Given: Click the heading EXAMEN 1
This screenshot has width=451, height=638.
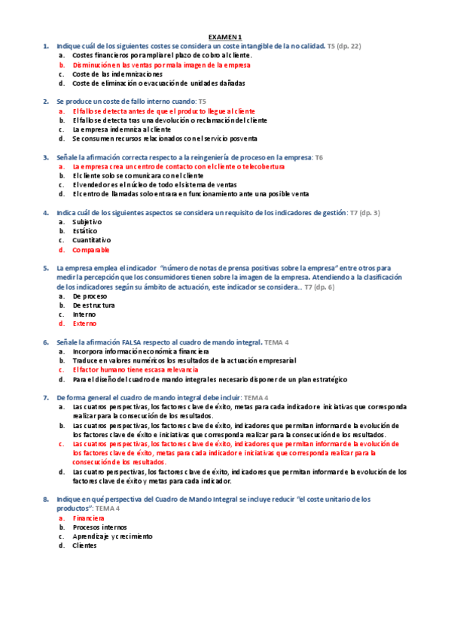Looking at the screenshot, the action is coord(225,37).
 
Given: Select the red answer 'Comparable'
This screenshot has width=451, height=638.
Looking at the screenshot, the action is coord(91,250).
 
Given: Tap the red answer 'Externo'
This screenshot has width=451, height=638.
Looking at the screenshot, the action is coord(84,324).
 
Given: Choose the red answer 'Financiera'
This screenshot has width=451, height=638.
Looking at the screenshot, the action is coord(88,518).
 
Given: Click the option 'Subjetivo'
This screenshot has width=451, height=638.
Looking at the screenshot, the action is coord(87,222).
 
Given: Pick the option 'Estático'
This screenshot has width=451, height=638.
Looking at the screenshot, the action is coord(85,231).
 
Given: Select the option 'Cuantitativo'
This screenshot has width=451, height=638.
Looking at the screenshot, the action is coord(91,240).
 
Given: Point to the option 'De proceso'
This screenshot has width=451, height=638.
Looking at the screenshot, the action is coord(90,296).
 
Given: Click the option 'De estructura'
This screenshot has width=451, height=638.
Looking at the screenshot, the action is coord(93,305).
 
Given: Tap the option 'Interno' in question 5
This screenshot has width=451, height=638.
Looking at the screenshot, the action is coord(84,314).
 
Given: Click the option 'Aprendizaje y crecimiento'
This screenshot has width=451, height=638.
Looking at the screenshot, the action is coord(112,536).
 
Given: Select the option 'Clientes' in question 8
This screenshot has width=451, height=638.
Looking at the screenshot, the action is coord(85,545).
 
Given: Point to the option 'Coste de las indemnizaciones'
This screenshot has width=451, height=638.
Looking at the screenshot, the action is coord(117,74).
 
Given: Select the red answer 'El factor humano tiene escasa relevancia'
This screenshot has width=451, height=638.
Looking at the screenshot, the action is coord(136,369).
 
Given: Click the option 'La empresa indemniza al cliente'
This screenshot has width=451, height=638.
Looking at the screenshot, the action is coord(122,129).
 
